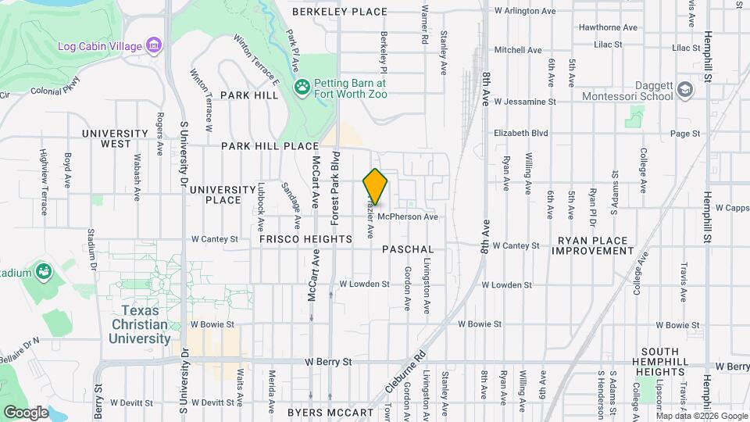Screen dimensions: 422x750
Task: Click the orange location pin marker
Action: (376, 187)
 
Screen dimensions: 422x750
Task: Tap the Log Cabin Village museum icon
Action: (155, 45)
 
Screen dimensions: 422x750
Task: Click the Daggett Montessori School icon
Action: (685, 90)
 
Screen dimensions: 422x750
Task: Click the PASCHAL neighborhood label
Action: (408, 249)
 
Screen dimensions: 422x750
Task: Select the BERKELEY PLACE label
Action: (340, 12)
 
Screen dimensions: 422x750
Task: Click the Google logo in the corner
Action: (26, 412)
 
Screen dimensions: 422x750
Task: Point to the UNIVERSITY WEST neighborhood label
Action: (115, 138)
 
